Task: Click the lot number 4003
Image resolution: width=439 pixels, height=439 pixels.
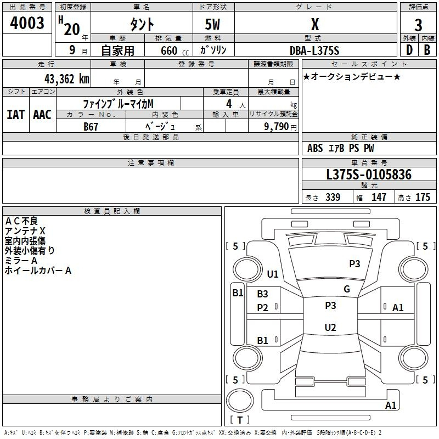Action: point(27,23)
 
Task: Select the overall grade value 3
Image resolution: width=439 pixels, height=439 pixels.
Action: point(418,25)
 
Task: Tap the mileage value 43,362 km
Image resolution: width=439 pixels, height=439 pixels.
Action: point(67,79)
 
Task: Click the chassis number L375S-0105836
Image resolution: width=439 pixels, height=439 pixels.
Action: point(369,175)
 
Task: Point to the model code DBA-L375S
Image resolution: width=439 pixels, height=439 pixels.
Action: point(314,50)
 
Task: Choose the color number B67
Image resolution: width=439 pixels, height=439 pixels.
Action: point(91,127)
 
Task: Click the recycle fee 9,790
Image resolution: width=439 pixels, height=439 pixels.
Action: point(277,126)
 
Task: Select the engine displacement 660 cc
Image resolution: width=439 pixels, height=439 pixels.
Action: point(175,50)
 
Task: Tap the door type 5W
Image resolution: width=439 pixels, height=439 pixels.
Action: point(212,24)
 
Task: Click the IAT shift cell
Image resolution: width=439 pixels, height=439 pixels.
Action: point(16,115)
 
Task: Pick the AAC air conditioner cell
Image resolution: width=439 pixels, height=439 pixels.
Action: point(42,115)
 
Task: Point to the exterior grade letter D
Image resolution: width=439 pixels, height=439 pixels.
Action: point(409,50)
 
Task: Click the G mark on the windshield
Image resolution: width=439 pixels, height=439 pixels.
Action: point(347,289)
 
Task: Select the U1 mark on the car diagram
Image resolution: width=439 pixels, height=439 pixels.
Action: point(273,274)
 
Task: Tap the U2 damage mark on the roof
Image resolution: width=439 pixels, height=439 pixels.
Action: point(330,327)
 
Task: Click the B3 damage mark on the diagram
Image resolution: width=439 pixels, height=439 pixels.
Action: point(263,294)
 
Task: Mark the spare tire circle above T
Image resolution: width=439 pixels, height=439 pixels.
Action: point(240,401)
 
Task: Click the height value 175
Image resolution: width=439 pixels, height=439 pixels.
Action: point(423,197)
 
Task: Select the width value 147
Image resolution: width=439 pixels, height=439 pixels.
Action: point(379,197)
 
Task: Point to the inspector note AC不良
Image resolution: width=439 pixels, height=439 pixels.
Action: point(21,221)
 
